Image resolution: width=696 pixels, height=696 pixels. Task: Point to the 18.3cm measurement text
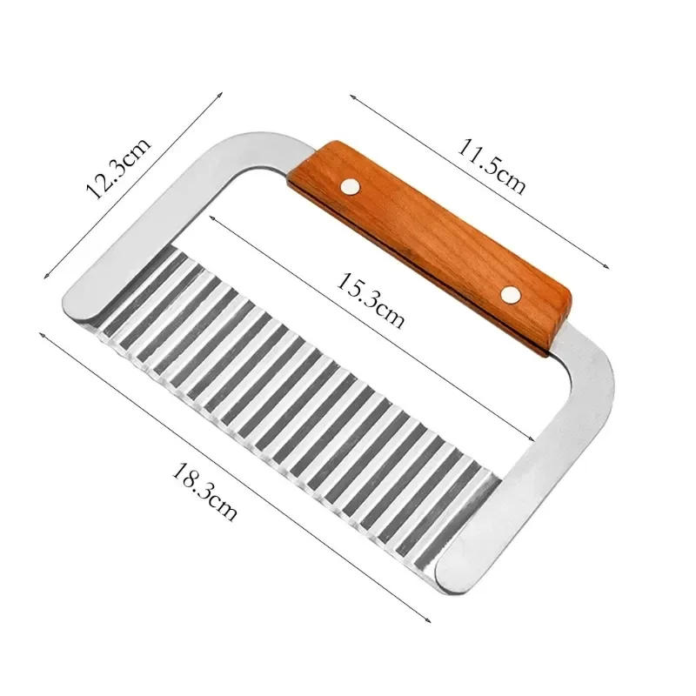click(x=204, y=492)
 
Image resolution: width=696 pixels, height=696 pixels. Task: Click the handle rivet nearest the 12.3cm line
click(x=350, y=184)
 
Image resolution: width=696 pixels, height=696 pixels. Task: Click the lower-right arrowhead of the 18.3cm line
click(x=431, y=620)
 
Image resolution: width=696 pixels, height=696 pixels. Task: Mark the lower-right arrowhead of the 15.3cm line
click(x=532, y=442)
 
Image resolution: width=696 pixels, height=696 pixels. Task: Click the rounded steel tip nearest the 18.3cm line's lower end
click(x=452, y=570)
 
